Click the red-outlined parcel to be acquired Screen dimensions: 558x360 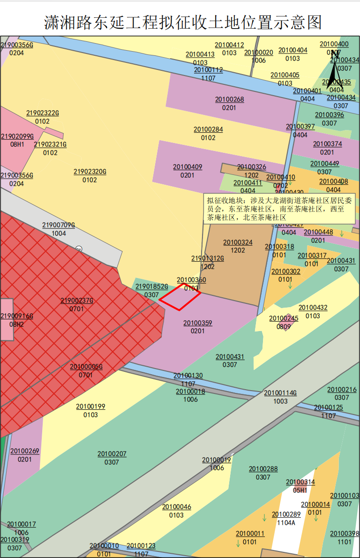180,297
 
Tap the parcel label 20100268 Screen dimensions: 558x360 230,99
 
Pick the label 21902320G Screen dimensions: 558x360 90,172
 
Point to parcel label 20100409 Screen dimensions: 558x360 187,167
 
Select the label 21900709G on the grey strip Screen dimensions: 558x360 59,225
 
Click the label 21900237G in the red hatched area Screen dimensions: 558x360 77,301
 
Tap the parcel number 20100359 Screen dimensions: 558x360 198,323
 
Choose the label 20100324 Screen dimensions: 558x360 238,242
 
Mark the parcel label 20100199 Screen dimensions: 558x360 90,407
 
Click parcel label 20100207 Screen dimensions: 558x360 112,454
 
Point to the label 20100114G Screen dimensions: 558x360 280,393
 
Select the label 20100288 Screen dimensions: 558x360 263,469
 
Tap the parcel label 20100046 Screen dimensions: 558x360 177,507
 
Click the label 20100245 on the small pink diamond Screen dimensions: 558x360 284,319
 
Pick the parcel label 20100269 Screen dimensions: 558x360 25,451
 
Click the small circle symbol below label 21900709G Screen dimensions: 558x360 79,249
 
